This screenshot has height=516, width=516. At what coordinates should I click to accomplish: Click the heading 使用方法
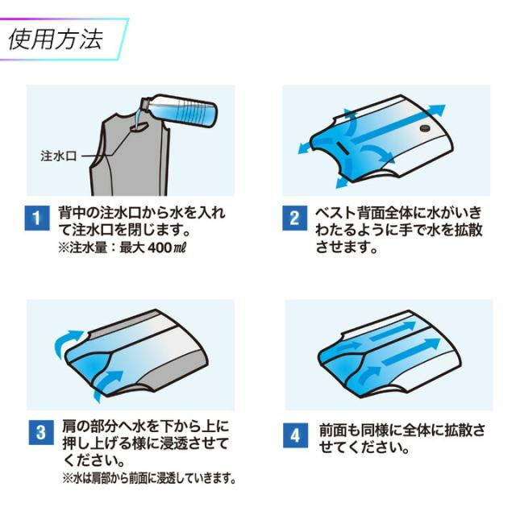tap(56, 40)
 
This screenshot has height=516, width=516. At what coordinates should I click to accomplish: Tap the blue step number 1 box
tap(37, 218)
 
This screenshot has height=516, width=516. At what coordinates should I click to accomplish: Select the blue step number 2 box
tap(294, 218)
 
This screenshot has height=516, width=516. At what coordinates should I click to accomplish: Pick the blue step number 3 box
tap(41, 432)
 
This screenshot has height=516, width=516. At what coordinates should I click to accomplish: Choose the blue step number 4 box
tap(296, 435)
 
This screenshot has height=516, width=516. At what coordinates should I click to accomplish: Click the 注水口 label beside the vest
tap(59, 156)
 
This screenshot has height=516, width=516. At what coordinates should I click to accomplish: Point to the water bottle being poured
tap(179, 111)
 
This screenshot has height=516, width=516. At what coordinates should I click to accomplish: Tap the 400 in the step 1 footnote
tap(160, 248)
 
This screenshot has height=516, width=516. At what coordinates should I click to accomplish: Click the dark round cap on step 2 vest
tap(425, 128)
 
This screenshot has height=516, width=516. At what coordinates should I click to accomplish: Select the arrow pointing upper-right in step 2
tap(398, 124)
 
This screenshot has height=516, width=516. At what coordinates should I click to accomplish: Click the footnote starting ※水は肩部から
tap(149, 478)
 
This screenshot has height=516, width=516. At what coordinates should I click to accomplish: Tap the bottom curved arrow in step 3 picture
tap(107, 385)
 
